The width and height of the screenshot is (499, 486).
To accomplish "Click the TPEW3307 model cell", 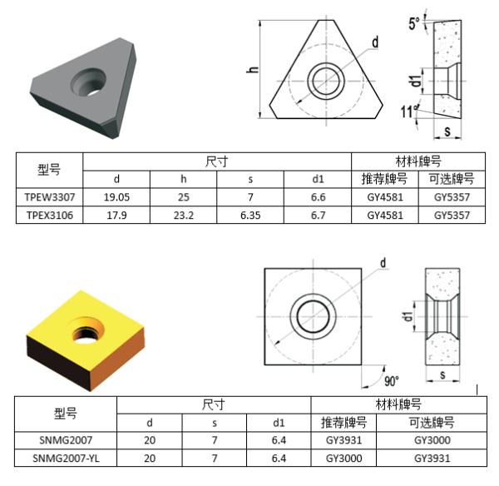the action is click(x=50, y=197).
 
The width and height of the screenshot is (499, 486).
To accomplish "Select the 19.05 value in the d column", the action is click(x=116, y=197).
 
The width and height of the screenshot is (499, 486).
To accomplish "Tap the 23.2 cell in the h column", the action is click(x=184, y=216).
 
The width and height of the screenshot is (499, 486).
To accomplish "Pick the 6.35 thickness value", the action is click(x=250, y=216).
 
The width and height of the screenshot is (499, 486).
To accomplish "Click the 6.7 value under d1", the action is click(x=318, y=216).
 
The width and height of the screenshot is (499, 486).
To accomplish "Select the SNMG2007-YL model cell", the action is click(x=66, y=459).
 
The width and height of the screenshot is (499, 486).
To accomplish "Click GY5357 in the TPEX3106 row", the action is click(x=452, y=216).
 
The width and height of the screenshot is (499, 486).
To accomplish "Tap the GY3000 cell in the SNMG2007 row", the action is click(x=432, y=440).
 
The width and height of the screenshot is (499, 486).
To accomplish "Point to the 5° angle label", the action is click(x=414, y=23).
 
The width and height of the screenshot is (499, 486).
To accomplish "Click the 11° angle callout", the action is click(x=408, y=112).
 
